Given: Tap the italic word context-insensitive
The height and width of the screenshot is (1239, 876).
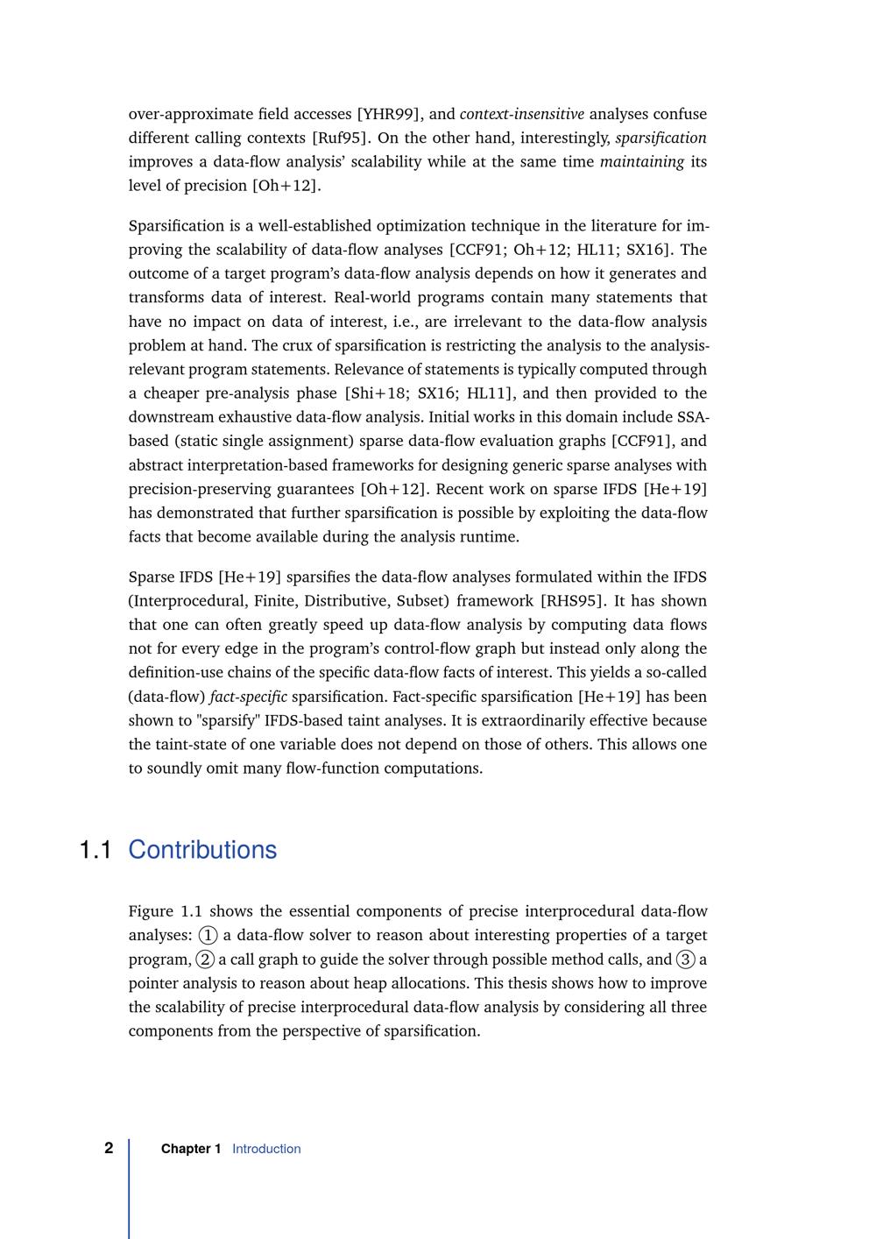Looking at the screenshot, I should pos(522,114).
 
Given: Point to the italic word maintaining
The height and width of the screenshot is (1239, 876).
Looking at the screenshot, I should pos(642,161).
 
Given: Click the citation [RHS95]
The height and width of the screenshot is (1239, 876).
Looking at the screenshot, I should pos(574,601).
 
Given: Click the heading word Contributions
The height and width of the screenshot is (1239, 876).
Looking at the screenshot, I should pos(202,850).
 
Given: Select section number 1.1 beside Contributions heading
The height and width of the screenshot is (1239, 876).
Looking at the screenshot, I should pos(95,850).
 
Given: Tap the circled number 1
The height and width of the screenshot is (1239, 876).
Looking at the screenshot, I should pos(208,936).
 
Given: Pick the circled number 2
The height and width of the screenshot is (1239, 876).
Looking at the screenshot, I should pos(205,959).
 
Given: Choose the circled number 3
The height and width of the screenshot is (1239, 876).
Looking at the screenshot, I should pos(686,959).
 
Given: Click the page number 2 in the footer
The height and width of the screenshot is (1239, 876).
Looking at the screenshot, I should pos(109,1148).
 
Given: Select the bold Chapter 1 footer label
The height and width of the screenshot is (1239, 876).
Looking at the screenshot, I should pos(191,1149).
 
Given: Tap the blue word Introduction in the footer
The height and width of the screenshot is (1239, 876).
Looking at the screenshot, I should pos(266,1149).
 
